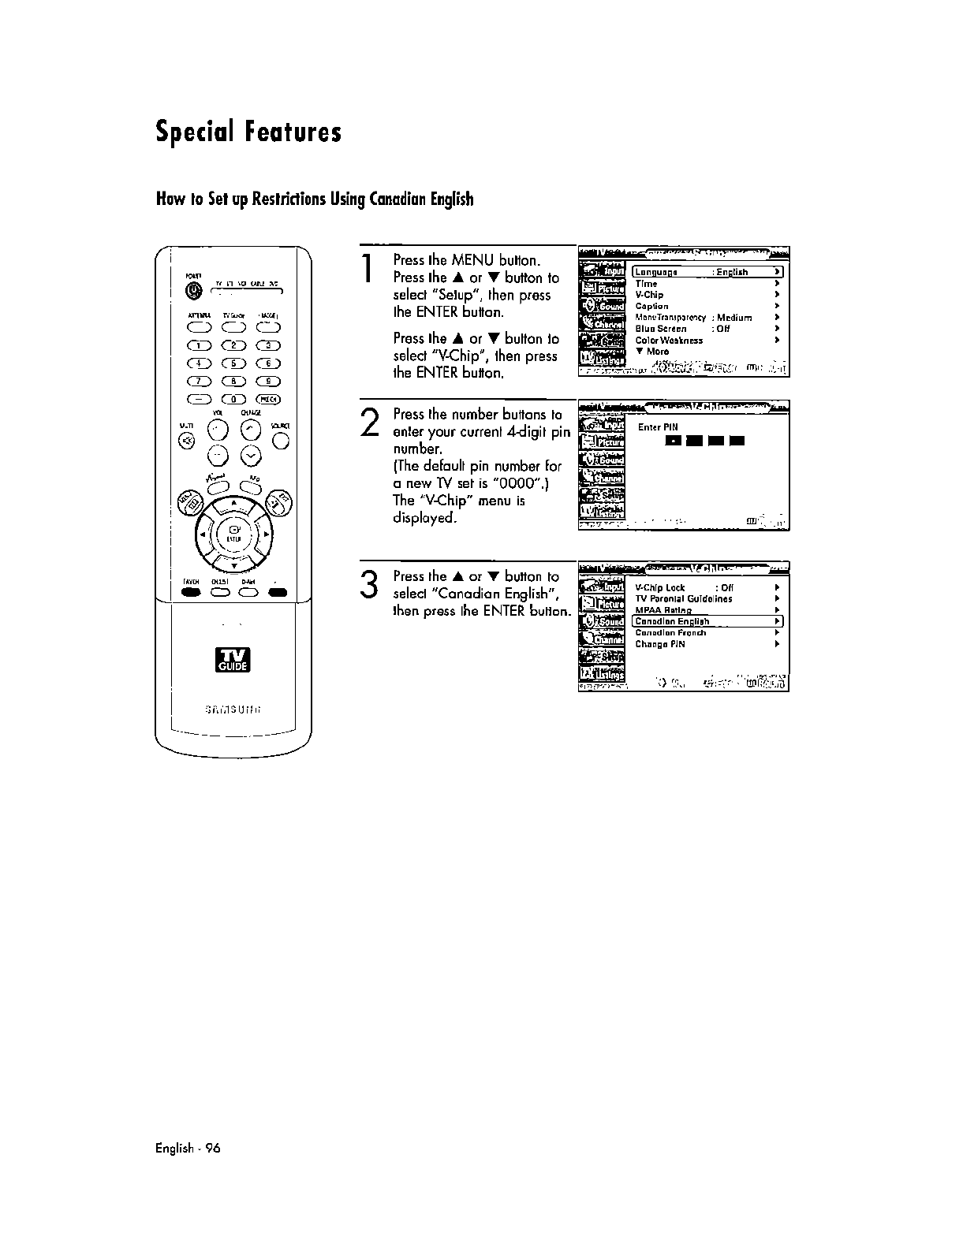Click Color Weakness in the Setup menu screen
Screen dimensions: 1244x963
tap(669, 341)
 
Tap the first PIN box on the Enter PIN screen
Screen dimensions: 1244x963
tap(673, 440)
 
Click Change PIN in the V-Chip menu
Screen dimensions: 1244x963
tap(660, 644)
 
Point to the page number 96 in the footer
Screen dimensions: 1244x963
tap(213, 1148)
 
